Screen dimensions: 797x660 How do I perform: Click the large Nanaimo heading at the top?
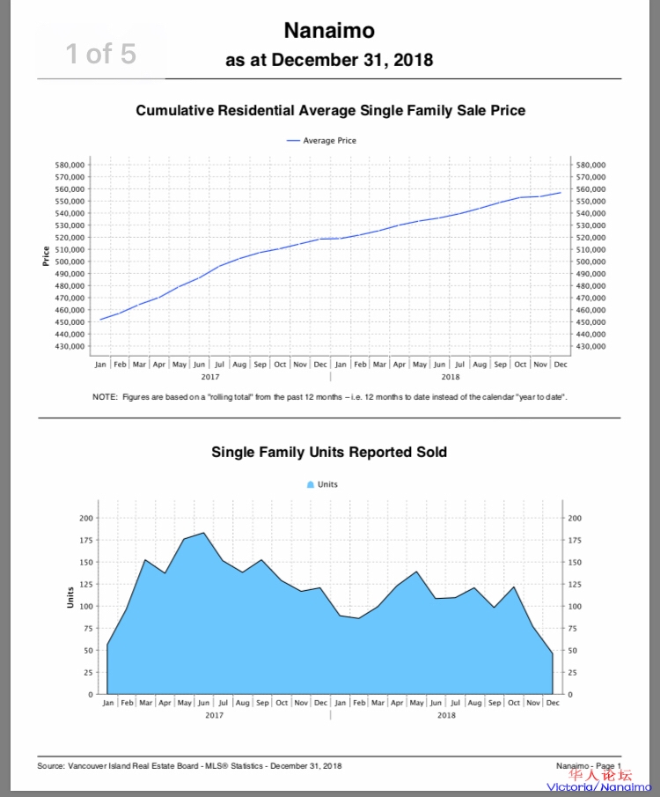click(329, 31)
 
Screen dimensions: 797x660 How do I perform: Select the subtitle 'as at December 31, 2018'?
click(329, 61)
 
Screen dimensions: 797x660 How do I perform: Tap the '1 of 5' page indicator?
click(100, 54)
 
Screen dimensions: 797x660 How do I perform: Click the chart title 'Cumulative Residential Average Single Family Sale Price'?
click(330, 111)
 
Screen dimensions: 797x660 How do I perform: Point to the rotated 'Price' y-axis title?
click(46, 255)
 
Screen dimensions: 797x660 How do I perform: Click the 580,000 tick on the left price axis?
click(70, 165)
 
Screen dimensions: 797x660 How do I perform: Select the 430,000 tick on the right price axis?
click(590, 346)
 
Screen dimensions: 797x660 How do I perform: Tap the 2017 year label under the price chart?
click(210, 376)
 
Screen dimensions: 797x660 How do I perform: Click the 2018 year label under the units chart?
click(446, 715)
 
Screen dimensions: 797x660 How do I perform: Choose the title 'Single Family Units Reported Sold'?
click(329, 453)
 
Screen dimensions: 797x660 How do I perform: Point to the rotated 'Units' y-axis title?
click(70, 597)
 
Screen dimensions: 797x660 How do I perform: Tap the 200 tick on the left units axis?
click(85, 518)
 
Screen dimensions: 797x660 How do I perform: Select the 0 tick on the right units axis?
click(572, 695)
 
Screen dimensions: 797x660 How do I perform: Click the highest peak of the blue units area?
click(203, 533)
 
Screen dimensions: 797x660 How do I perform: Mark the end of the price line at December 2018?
click(561, 192)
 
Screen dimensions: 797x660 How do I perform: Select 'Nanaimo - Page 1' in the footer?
click(589, 766)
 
